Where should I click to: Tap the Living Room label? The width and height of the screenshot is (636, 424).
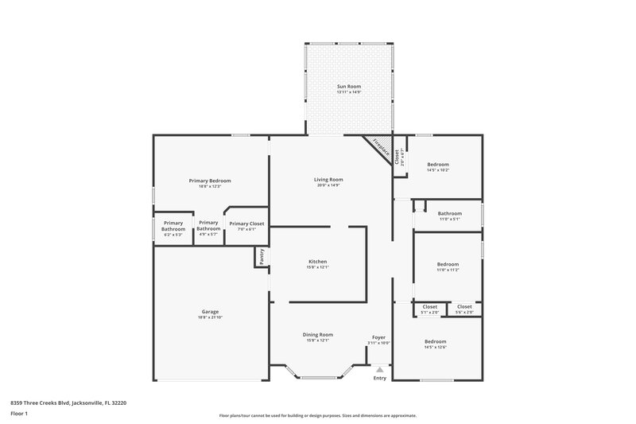pos(328,180)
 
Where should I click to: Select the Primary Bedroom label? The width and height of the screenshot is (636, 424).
pos(209,181)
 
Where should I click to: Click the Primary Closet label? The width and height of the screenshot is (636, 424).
pos(246,224)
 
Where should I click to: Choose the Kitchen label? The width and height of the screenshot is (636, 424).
pos(317,262)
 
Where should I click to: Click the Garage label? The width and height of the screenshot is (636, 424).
pos(210,311)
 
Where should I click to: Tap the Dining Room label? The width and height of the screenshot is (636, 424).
pos(317,335)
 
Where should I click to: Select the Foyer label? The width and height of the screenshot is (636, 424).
pos(379,337)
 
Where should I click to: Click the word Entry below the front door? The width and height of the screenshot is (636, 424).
pos(380,377)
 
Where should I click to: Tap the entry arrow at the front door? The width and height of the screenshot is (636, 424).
pos(380,368)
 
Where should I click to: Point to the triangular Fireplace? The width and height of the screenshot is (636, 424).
pos(379,148)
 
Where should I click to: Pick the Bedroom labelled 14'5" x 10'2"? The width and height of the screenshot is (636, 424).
pos(438,165)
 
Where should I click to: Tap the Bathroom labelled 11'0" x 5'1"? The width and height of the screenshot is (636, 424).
pos(449,213)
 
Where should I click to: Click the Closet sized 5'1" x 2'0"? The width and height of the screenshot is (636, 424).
pos(429,307)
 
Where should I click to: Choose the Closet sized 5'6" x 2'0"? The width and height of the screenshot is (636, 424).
pos(464,307)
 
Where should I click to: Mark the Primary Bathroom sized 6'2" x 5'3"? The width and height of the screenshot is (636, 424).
pos(173,226)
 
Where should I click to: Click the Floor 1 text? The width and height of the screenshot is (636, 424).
pos(20,414)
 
